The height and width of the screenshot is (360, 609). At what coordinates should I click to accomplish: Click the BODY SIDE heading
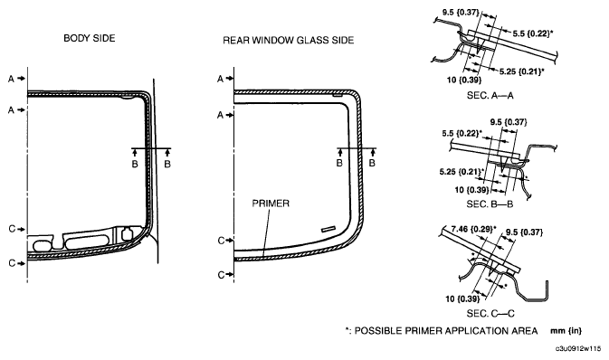pos(90,38)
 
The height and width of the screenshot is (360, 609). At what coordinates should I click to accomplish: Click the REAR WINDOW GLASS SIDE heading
pos(288,41)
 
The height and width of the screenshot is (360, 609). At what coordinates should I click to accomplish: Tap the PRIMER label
pos(271,204)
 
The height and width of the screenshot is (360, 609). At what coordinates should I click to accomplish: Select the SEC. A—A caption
pos(490,95)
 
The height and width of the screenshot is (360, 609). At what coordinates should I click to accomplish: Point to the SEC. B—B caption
pos(490,204)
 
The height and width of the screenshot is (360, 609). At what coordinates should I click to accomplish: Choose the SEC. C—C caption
pos(490,313)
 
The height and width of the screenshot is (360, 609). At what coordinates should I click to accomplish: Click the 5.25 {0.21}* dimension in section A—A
pos(521,71)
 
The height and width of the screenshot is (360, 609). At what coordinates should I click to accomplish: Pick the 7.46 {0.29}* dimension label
pos(474,229)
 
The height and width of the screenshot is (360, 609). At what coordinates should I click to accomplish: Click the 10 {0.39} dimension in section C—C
pos(462,298)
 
